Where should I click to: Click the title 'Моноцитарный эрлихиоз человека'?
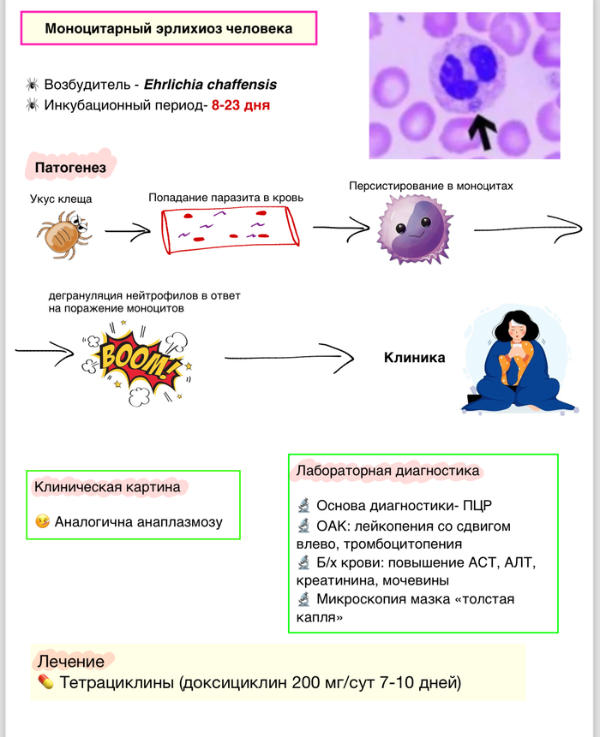click(x=168, y=29)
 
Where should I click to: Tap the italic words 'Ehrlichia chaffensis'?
click(x=210, y=85)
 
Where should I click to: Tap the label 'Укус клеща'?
click(x=61, y=199)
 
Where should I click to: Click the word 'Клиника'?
click(x=414, y=358)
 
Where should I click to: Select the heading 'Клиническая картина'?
click(x=107, y=487)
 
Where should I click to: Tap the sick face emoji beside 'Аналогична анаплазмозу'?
click(x=42, y=521)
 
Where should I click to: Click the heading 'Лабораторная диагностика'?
click(x=387, y=471)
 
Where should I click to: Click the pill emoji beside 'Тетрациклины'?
click(x=46, y=683)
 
